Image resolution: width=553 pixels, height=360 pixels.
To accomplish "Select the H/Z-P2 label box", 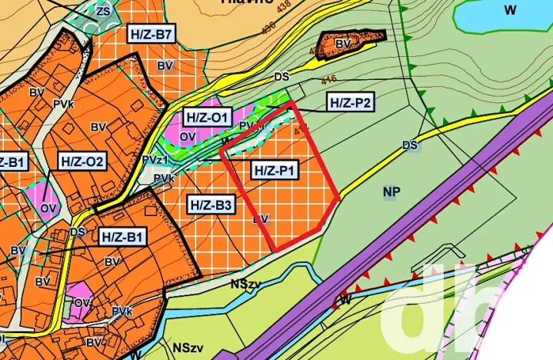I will [x=350, y=102].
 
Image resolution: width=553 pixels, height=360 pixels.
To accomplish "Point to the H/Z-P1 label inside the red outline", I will [x=275, y=170].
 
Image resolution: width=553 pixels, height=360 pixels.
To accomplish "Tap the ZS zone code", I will [x=103, y=11].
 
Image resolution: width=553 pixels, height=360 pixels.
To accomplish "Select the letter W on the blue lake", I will [x=508, y=10].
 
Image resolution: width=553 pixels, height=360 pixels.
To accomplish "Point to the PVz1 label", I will [x=155, y=159].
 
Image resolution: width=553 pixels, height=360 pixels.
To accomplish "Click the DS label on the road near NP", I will [x=409, y=145].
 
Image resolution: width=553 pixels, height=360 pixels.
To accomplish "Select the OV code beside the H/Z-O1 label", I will [x=188, y=136].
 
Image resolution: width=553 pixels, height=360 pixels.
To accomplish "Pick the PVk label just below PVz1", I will [x=163, y=178].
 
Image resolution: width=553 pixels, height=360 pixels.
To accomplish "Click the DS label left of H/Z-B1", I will [x=77, y=231].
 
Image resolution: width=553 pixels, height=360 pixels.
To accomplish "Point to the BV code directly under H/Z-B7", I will [x=165, y=65].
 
